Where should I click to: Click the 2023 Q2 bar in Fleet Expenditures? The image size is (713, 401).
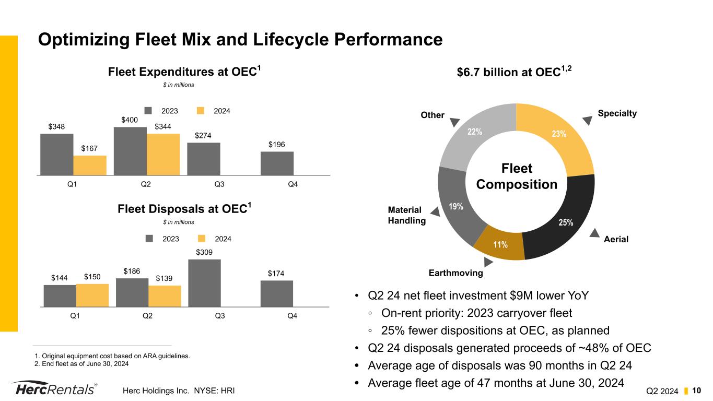130,151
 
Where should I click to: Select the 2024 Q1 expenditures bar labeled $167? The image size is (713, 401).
90,165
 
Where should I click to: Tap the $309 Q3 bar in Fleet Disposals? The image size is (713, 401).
204,283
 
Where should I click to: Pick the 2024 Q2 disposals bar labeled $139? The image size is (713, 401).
165,296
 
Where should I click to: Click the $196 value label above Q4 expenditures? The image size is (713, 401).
277,145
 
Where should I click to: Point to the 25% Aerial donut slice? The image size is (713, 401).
562,219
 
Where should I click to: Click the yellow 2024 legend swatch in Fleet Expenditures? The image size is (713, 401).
201,111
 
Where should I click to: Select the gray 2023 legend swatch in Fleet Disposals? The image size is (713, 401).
149,239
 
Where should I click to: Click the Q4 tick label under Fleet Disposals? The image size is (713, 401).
293,316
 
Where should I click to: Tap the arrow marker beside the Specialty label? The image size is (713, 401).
588,120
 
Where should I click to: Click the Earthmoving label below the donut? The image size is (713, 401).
455,273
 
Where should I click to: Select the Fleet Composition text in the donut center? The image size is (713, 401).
516,176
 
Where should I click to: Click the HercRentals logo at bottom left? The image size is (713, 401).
54,390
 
